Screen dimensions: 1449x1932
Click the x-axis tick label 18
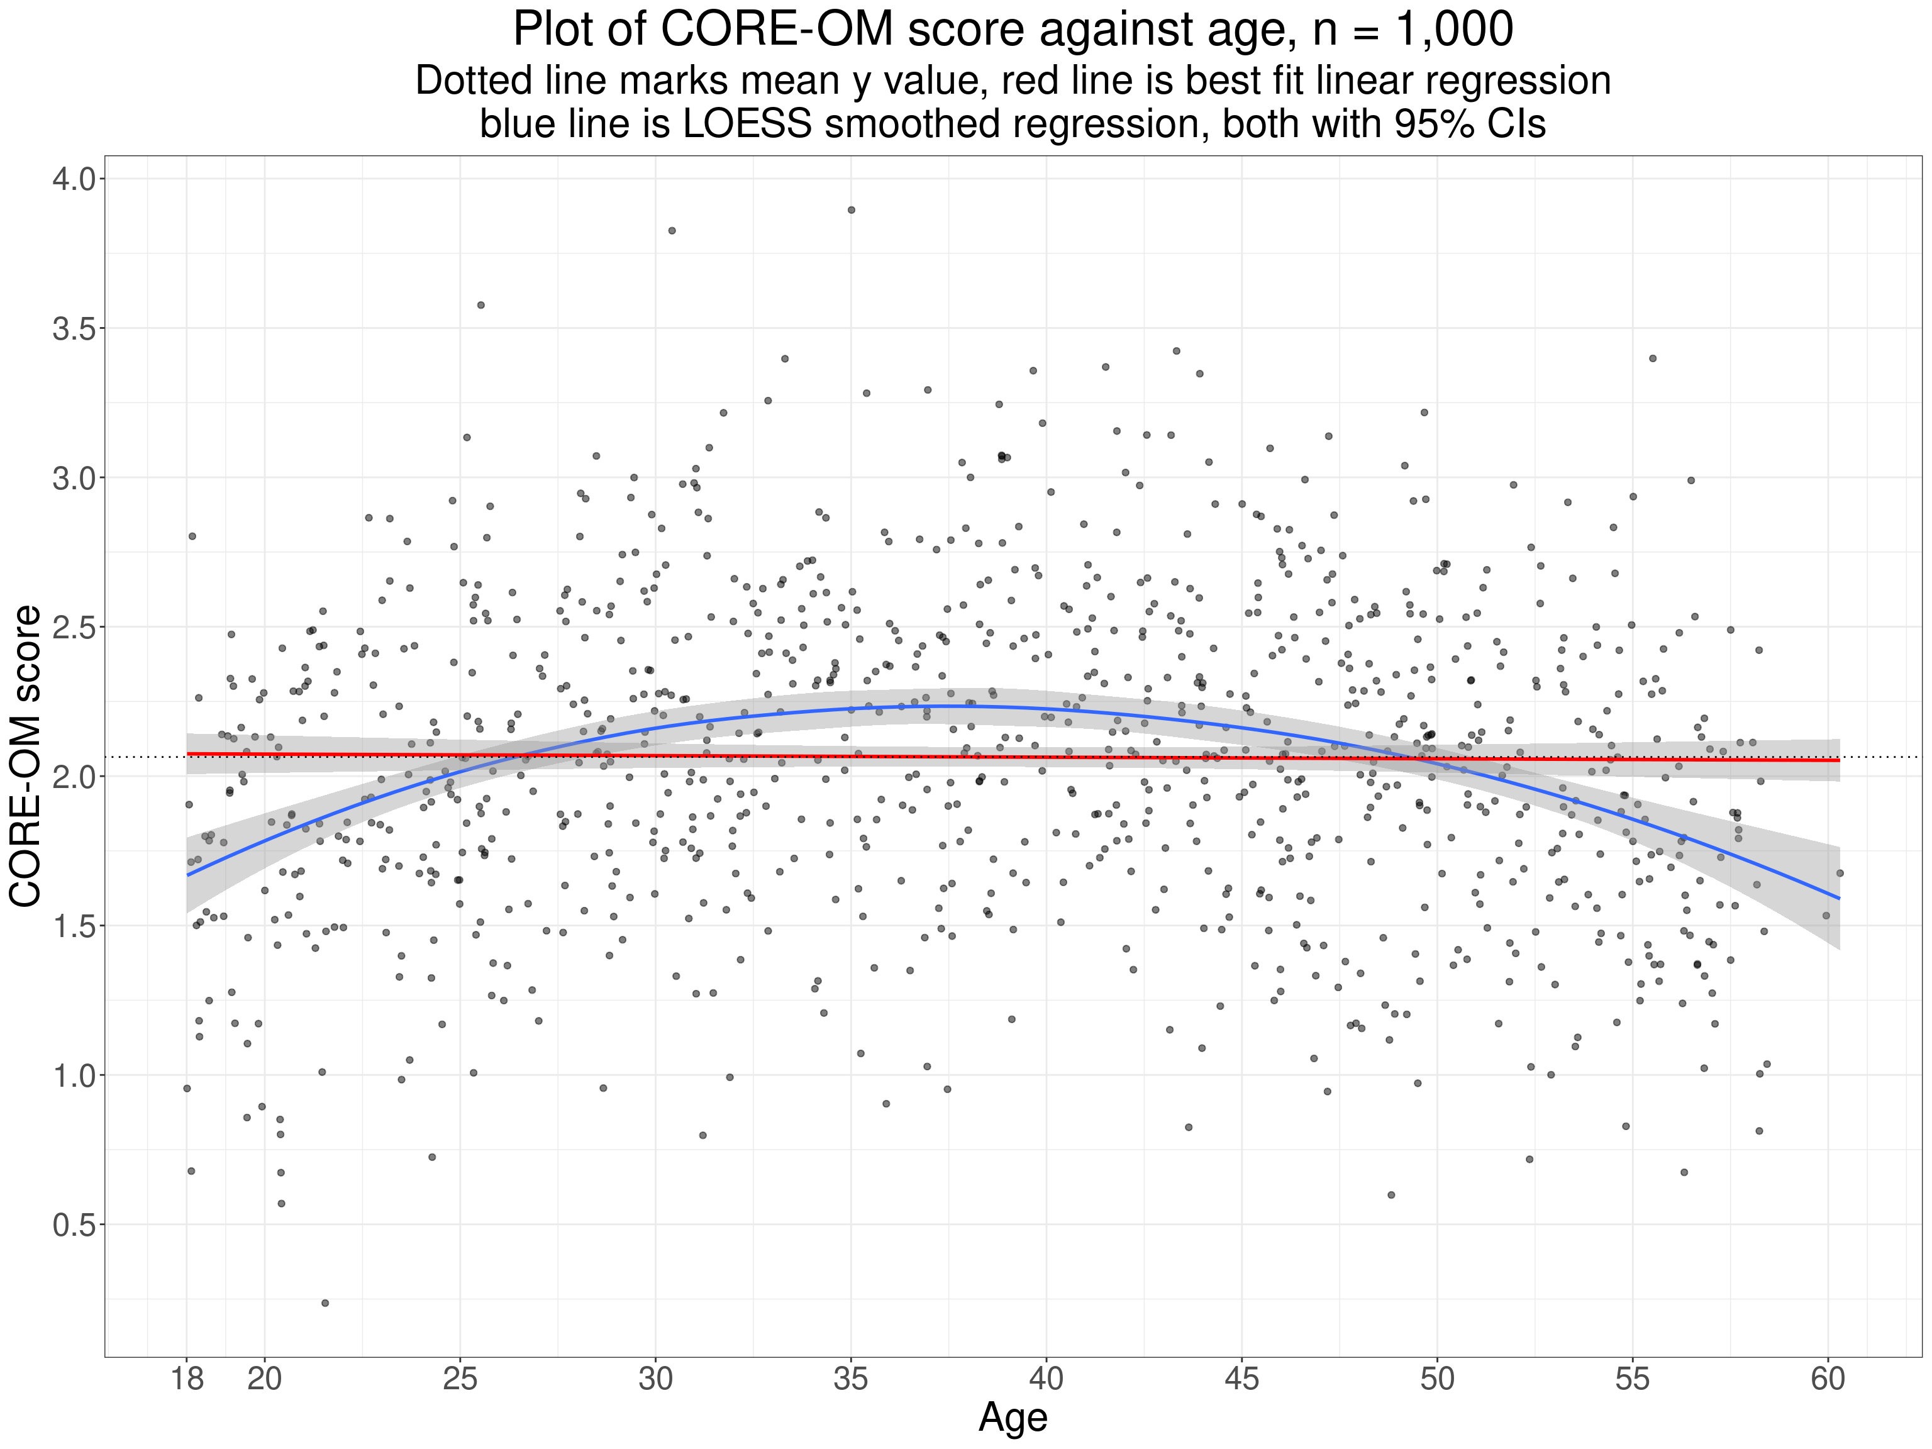click(x=187, y=1379)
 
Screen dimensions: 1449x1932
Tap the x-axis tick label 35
click(x=851, y=1379)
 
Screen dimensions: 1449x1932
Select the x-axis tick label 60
click(x=1827, y=1379)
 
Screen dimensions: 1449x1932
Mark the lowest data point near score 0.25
click(x=325, y=1303)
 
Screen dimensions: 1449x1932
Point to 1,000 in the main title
click(x=1454, y=30)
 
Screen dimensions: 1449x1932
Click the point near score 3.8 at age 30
click(x=672, y=231)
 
